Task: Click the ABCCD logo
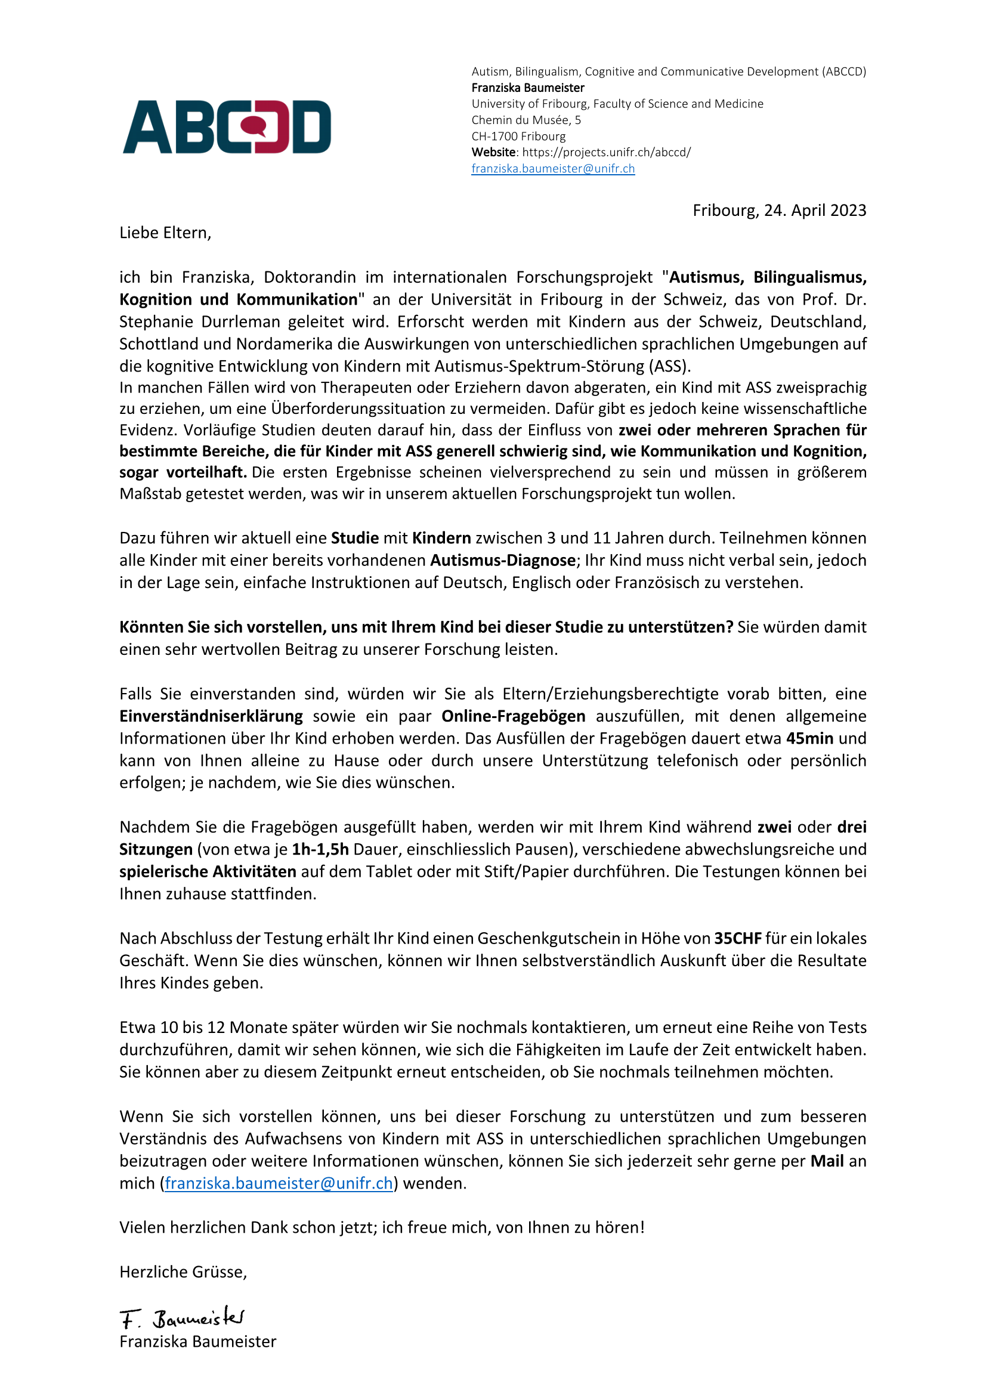[x=227, y=127]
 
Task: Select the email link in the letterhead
[x=553, y=169]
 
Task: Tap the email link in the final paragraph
[x=279, y=1183]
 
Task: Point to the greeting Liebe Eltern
[x=165, y=233]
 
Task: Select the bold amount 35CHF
[x=737, y=938]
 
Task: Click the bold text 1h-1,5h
[x=320, y=849]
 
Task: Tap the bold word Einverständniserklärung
[x=211, y=716]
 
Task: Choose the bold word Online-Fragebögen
[x=514, y=716]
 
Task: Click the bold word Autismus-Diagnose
[x=503, y=560]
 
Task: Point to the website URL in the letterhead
[x=606, y=153]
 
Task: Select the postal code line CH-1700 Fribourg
[x=518, y=136]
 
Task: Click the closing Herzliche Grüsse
[x=183, y=1272]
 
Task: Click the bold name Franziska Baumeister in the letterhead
[x=528, y=88]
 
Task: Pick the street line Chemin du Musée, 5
[x=526, y=120]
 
